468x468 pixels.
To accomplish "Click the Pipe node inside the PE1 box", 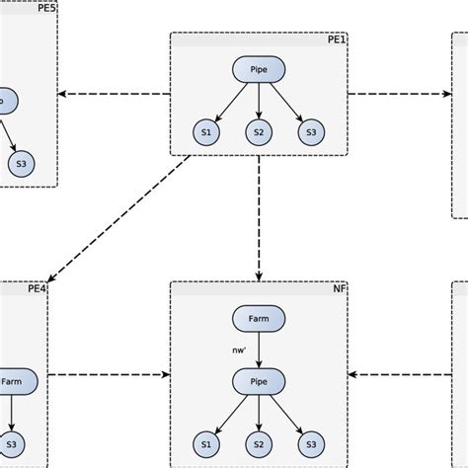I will pos(259,69).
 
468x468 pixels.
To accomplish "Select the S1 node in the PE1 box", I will pos(206,132).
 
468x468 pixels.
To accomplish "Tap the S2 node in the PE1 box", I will pos(259,132).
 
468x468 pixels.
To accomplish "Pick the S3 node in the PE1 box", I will pos(311,132).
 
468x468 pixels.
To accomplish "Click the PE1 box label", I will pos(337,39).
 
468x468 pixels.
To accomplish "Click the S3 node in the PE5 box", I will pos(21,165).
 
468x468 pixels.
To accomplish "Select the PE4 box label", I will pos(37,289).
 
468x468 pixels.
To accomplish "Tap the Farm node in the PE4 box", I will pos(12,380).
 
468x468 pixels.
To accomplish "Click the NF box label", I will pos(341,289).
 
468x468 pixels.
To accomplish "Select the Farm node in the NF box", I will pos(259,318).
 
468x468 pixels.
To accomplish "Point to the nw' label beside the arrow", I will pos(237,349).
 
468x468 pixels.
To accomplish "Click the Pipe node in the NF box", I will pos(259,380).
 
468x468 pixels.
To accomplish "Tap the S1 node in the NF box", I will pos(206,443).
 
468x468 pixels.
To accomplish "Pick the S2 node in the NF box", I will pos(259,443).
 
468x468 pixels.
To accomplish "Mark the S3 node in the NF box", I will pos(311,443).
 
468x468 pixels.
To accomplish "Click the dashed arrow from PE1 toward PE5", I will pos(114,95).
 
